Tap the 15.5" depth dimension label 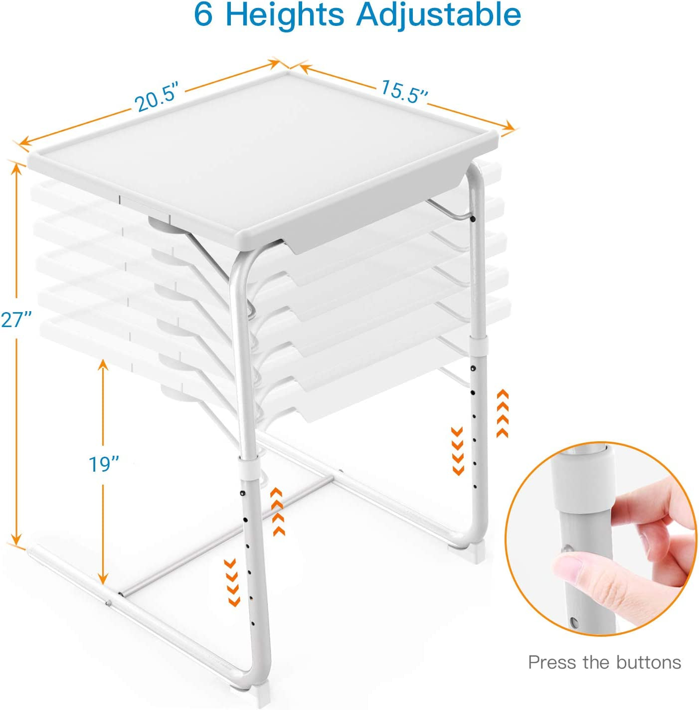click(404, 91)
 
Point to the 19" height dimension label click(104, 464)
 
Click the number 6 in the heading click(203, 15)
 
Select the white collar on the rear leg click(480, 345)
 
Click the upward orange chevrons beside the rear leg click(503, 413)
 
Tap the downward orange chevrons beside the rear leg click(458, 451)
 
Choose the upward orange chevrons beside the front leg click(278, 512)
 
